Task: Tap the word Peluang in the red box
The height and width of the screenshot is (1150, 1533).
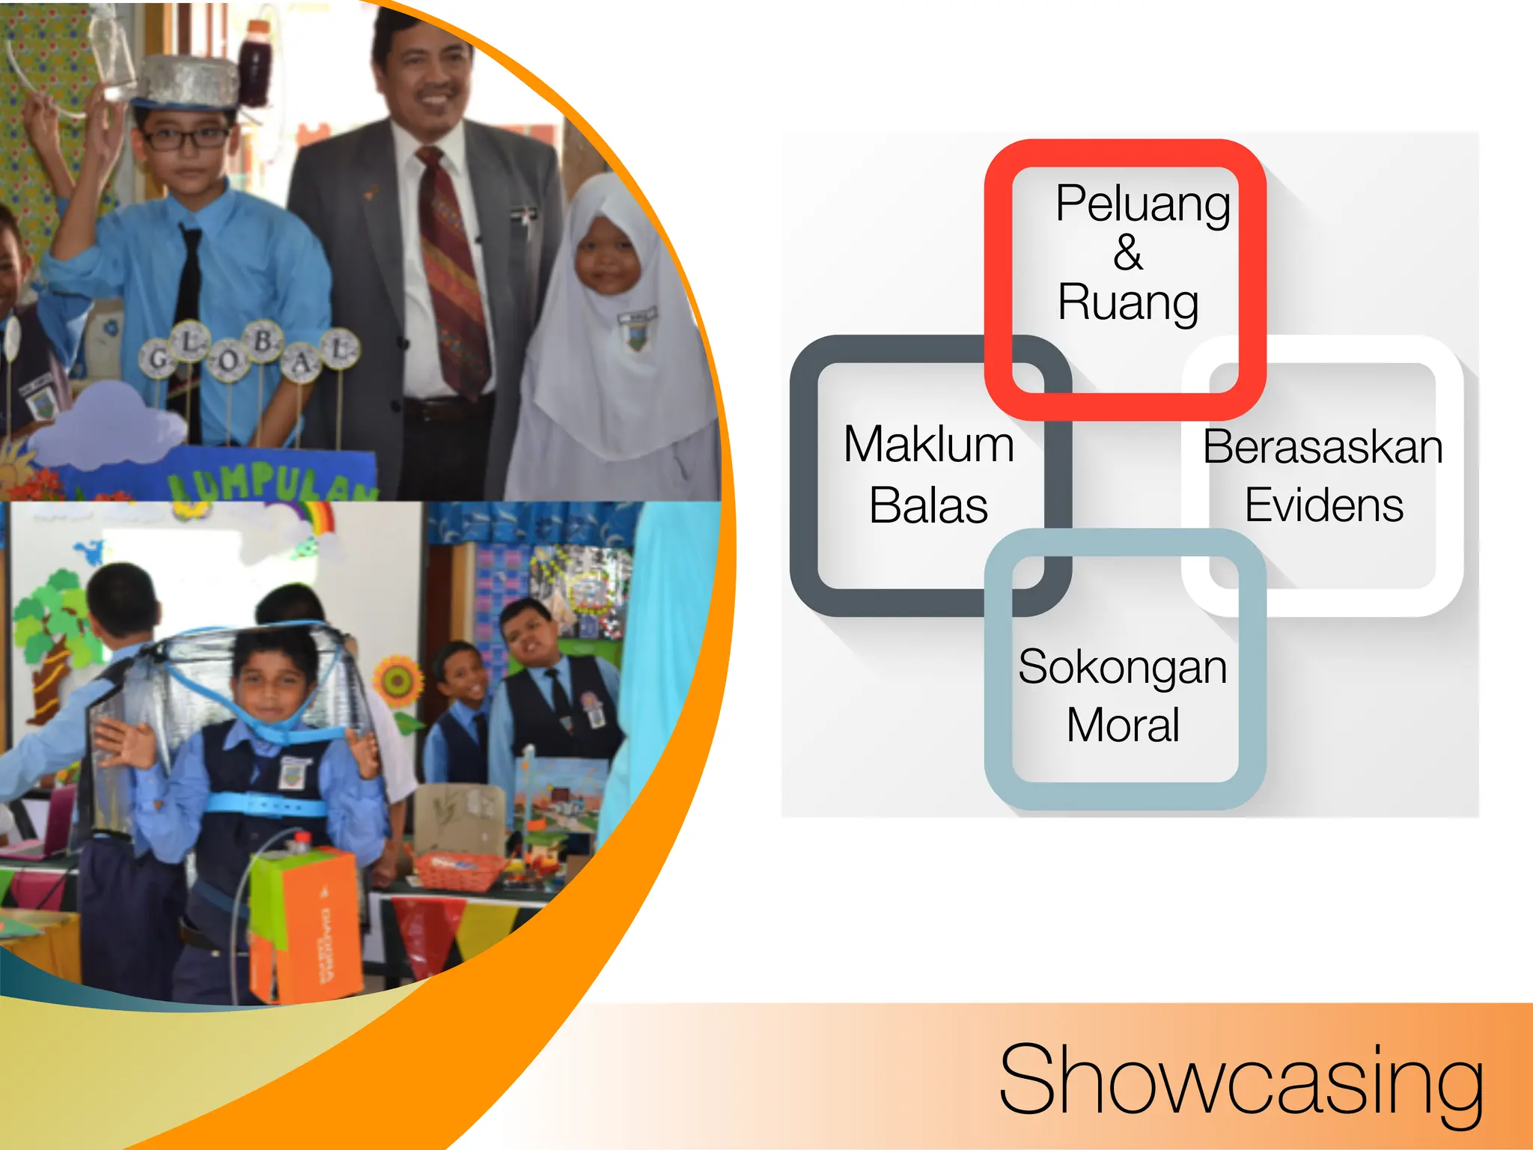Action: [1142, 203]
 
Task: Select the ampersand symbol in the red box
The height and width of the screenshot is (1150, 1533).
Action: [1127, 252]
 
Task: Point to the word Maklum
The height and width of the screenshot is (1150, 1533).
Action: [928, 445]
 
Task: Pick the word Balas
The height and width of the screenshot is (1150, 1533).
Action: [928, 505]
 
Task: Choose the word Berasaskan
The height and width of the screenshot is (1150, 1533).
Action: [1323, 447]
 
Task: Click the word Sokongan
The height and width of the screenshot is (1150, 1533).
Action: [1122, 666]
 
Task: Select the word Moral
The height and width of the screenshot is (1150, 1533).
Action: [1123, 725]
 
